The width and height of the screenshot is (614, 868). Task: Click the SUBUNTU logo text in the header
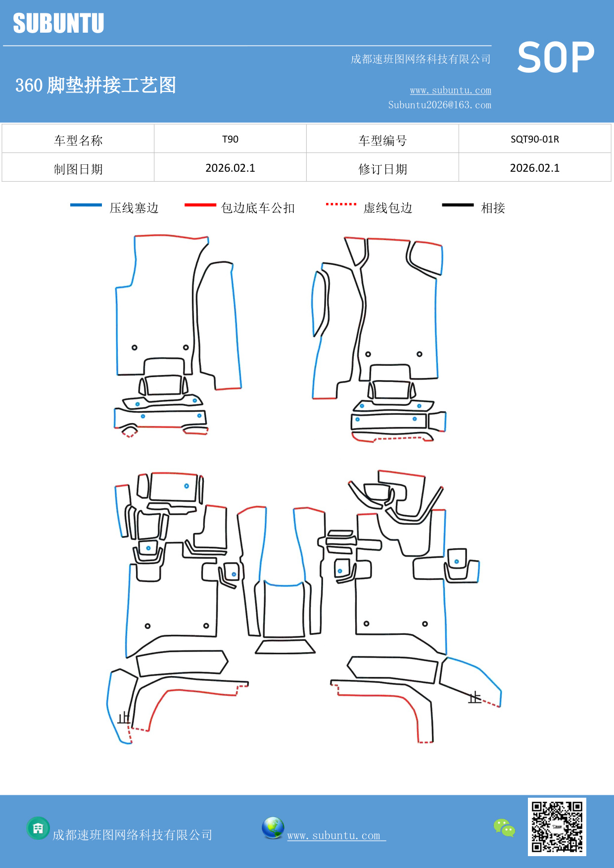coord(58,23)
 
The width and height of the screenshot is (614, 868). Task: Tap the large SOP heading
coord(555,57)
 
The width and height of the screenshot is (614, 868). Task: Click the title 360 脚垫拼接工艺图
coord(95,85)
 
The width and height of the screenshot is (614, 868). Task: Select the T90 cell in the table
coord(230,139)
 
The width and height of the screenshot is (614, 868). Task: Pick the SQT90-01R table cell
coord(534,139)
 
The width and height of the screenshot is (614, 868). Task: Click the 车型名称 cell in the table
coord(78,141)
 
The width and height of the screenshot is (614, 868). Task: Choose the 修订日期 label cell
coord(382,169)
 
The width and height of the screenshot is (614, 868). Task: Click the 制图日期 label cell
coord(78,169)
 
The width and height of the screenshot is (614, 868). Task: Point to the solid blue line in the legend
coord(86,205)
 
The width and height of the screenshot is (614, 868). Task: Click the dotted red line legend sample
coord(341,204)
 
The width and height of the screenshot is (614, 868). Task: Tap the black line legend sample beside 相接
coord(458,205)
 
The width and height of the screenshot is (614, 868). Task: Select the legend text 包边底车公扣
coord(258,208)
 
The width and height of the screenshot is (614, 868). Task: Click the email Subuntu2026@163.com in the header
coord(439,105)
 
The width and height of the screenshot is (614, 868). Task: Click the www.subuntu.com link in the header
coord(450,90)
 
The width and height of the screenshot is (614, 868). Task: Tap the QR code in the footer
coord(557,826)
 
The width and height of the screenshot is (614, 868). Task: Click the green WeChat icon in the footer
coord(504,827)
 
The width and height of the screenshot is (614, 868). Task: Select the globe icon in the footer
coord(273,828)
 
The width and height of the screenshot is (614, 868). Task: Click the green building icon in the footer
coord(38,828)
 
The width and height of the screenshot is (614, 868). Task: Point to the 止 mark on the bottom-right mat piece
coord(474,698)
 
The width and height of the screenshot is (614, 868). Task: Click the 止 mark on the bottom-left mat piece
coord(123,718)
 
